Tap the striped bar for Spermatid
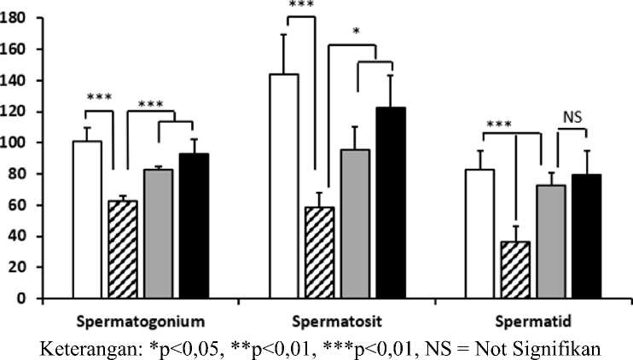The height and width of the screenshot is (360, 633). pos(515,270)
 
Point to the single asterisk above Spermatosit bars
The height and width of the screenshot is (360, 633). pos(357,32)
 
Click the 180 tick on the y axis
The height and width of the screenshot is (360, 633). pos(15,18)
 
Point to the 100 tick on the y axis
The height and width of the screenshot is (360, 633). pos(15,142)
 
